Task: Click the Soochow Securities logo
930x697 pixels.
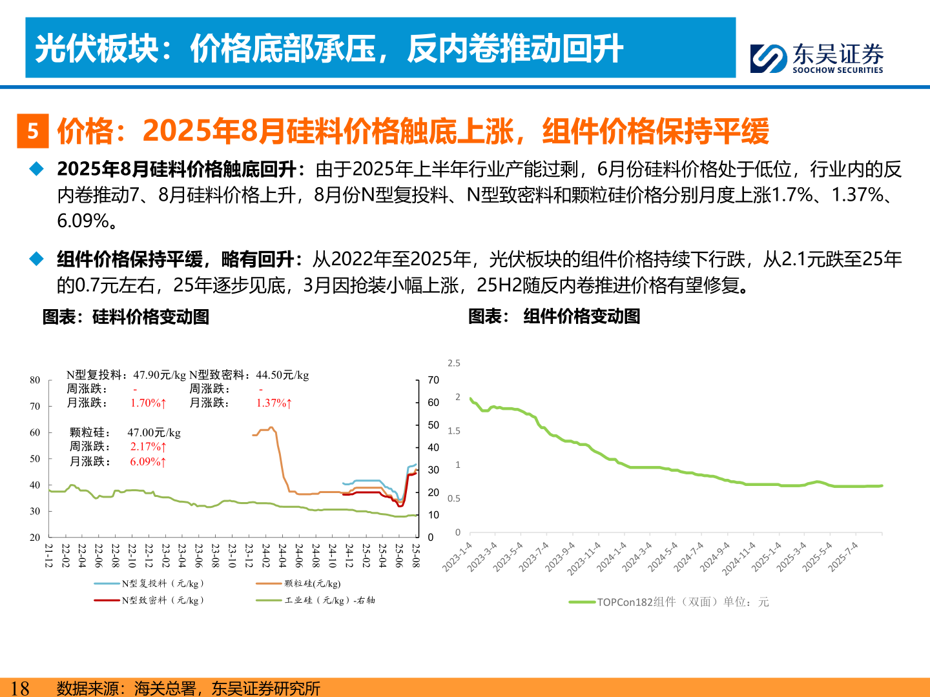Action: click(816, 58)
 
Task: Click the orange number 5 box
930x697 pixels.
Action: click(32, 131)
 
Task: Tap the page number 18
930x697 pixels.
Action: click(20, 688)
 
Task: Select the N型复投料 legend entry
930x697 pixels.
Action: click(150, 583)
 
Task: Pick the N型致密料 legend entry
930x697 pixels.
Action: click(150, 600)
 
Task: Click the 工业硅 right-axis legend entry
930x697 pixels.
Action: click(316, 600)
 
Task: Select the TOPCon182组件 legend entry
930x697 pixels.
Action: click(669, 602)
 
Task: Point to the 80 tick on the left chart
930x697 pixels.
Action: click(35, 380)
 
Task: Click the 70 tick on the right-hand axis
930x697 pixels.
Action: click(433, 380)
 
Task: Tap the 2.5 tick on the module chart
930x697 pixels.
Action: click(454, 363)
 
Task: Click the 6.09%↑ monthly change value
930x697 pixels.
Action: click(148, 461)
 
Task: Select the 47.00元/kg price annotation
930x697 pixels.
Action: click(154, 432)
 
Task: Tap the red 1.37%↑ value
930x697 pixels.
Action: click(274, 403)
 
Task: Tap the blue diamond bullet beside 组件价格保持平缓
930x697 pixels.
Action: click(37, 259)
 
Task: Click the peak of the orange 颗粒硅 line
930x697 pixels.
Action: click(271, 427)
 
